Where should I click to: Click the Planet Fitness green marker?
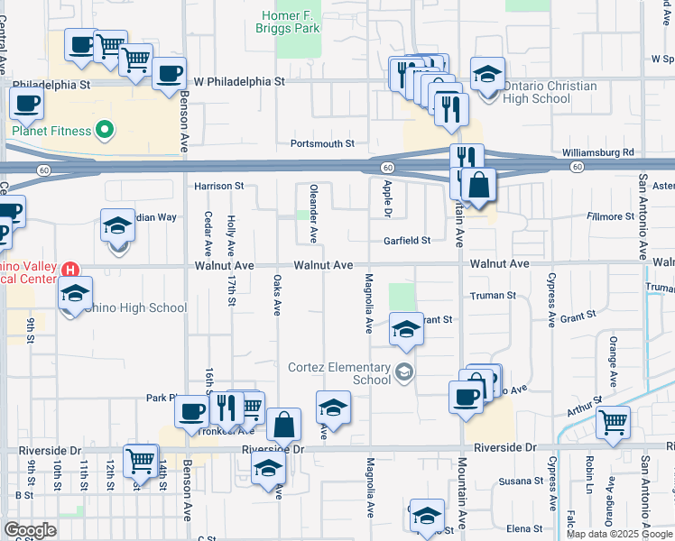click(x=106, y=131)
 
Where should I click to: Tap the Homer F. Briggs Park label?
click(x=291, y=23)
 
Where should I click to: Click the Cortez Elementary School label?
click(x=339, y=373)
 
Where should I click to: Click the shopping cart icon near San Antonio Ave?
click(x=614, y=421)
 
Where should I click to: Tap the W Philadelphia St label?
click(x=239, y=80)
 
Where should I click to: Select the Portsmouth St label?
click(x=322, y=143)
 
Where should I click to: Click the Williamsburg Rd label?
click(x=597, y=152)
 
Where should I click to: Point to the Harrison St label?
click(x=219, y=186)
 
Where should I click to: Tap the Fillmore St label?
click(x=609, y=216)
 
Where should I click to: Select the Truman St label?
click(x=492, y=295)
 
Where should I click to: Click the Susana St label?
click(x=517, y=481)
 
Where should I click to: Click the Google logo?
click(x=30, y=530)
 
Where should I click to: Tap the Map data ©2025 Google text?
click(x=619, y=534)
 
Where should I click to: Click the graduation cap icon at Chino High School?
click(x=76, y=294)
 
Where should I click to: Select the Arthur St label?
click(x=585, y=407)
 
